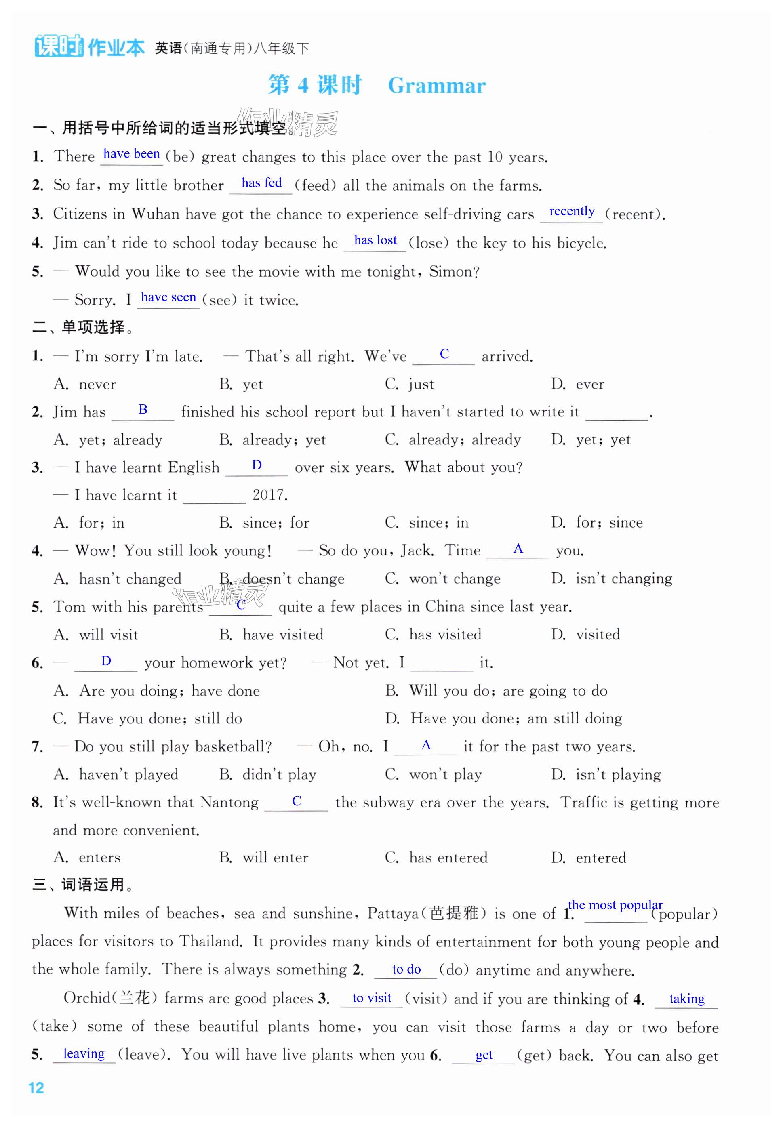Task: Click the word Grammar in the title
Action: [x=437, y=86]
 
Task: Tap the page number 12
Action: [x=36, y=1088]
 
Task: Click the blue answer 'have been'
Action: [x=131, y=154]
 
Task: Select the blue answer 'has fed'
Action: [x=261, y=183]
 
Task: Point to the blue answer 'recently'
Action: [x=572, y=211]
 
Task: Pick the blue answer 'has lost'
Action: [x=375, y=240]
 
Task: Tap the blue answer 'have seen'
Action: [x=168, y=297]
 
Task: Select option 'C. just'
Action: [x=410, y=384]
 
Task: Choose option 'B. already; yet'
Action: [x=272, y=440]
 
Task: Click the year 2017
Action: [x=270, y=495]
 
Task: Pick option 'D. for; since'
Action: [x=597, y=523]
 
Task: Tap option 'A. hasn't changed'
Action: [x=118, y=579]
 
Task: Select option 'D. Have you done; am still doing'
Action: [x=504, y=719]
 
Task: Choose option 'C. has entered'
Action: [x=436, y=858]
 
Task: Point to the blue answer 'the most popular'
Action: [x=615, y=905]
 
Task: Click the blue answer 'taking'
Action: [x=686, y=999]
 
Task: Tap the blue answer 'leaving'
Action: [x=84, y=1054]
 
